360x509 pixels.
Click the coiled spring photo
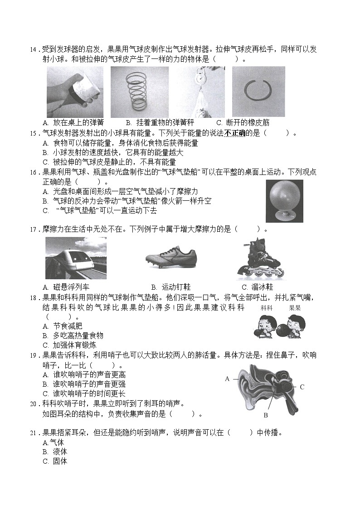pos(139,92)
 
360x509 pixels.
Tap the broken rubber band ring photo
pos(258,92)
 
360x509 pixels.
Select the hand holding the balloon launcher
pos(75,92)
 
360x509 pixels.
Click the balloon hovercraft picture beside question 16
pos(284,200)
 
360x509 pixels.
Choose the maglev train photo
pos(76,258)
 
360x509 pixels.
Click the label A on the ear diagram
pos(227,378)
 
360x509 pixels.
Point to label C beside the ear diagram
pos(302,387)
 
